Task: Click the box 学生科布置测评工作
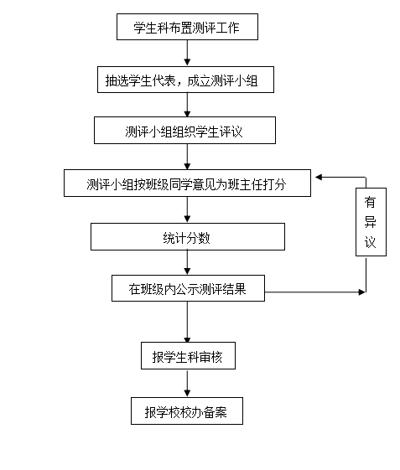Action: coord(187,27)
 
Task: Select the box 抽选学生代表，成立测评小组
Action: coord(185,80)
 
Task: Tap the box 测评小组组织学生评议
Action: coord(184,131)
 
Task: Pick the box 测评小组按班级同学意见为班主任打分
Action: coord(187,183)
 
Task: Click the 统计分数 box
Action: coord(188,236)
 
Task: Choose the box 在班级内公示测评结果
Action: coord(188,288)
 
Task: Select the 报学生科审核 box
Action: coord(188,355)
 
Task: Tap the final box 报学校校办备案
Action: coord(187,411)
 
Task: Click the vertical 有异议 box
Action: coord(371,222)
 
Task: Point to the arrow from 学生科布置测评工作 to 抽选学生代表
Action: coord(187,53)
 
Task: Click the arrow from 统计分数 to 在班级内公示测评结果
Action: coord(187,262)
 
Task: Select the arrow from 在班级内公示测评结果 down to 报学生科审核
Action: coord(187,322)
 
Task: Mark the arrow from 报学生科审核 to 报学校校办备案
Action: coord(187,383)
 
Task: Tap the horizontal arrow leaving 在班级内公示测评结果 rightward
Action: coord(315,292)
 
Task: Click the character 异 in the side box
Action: coord(371,222)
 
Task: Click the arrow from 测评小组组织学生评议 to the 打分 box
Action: coord(187,157)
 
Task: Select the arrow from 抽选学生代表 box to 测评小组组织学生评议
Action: coord(187,105)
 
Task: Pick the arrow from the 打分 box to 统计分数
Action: coord(187,209)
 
